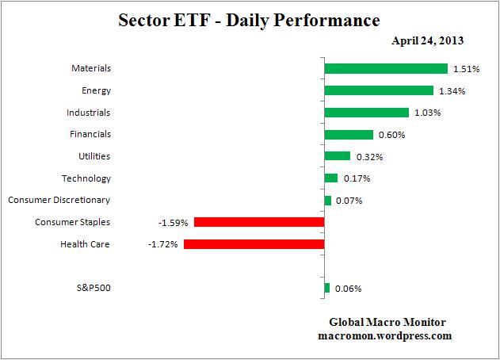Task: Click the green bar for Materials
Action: pyautogui.click(x=386, y=69)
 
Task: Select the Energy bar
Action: pyautogui.click(x=379, y=90)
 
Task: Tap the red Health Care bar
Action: pyautogui.click(x=254, y=244)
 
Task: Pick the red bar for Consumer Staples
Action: pyautogui.click(x=259, y=222)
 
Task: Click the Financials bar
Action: pyautogui.click(x=349, y=135)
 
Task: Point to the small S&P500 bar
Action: pyautogui.click(x=326, y=288)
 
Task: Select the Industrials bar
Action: pyautogui.click(x=366, y=113)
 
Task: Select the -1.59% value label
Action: pyautogui.click(x=174, y=223)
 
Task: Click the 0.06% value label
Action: pyautogui.click(x=348, y=289)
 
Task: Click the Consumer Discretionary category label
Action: pyautogui.click(x=59, y=200)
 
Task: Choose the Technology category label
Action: pyautogui.click(x=86, y=178)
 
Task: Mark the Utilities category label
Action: pyautogui.click(x=91, y=156)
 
